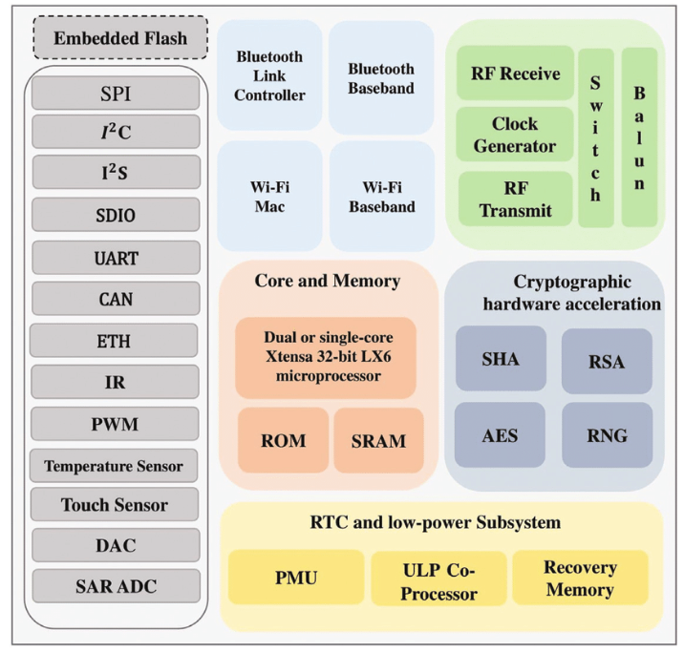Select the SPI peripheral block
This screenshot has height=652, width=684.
(x=116, y=94)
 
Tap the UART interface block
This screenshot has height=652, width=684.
(x=116, y=258)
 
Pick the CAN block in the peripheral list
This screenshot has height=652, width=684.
(x=116, y=299)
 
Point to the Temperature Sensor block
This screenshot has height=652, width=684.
(x=114, y=466)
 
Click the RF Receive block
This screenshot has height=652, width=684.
(x=515, y=73)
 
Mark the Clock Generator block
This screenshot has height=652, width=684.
(x=515, y=135)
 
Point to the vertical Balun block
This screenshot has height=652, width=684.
(x=639, y=137)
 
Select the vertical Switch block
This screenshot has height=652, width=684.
(x=595, y=137)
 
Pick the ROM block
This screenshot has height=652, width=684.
(x=283, y=441)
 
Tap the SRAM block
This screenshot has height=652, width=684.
(x=378, y=441)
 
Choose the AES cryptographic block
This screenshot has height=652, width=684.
(x=500, y=435)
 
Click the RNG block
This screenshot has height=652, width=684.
(x=607, y=435)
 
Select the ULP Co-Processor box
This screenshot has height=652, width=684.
(x=438, y=580)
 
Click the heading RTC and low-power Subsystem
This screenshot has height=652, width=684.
(x=440, y=523)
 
